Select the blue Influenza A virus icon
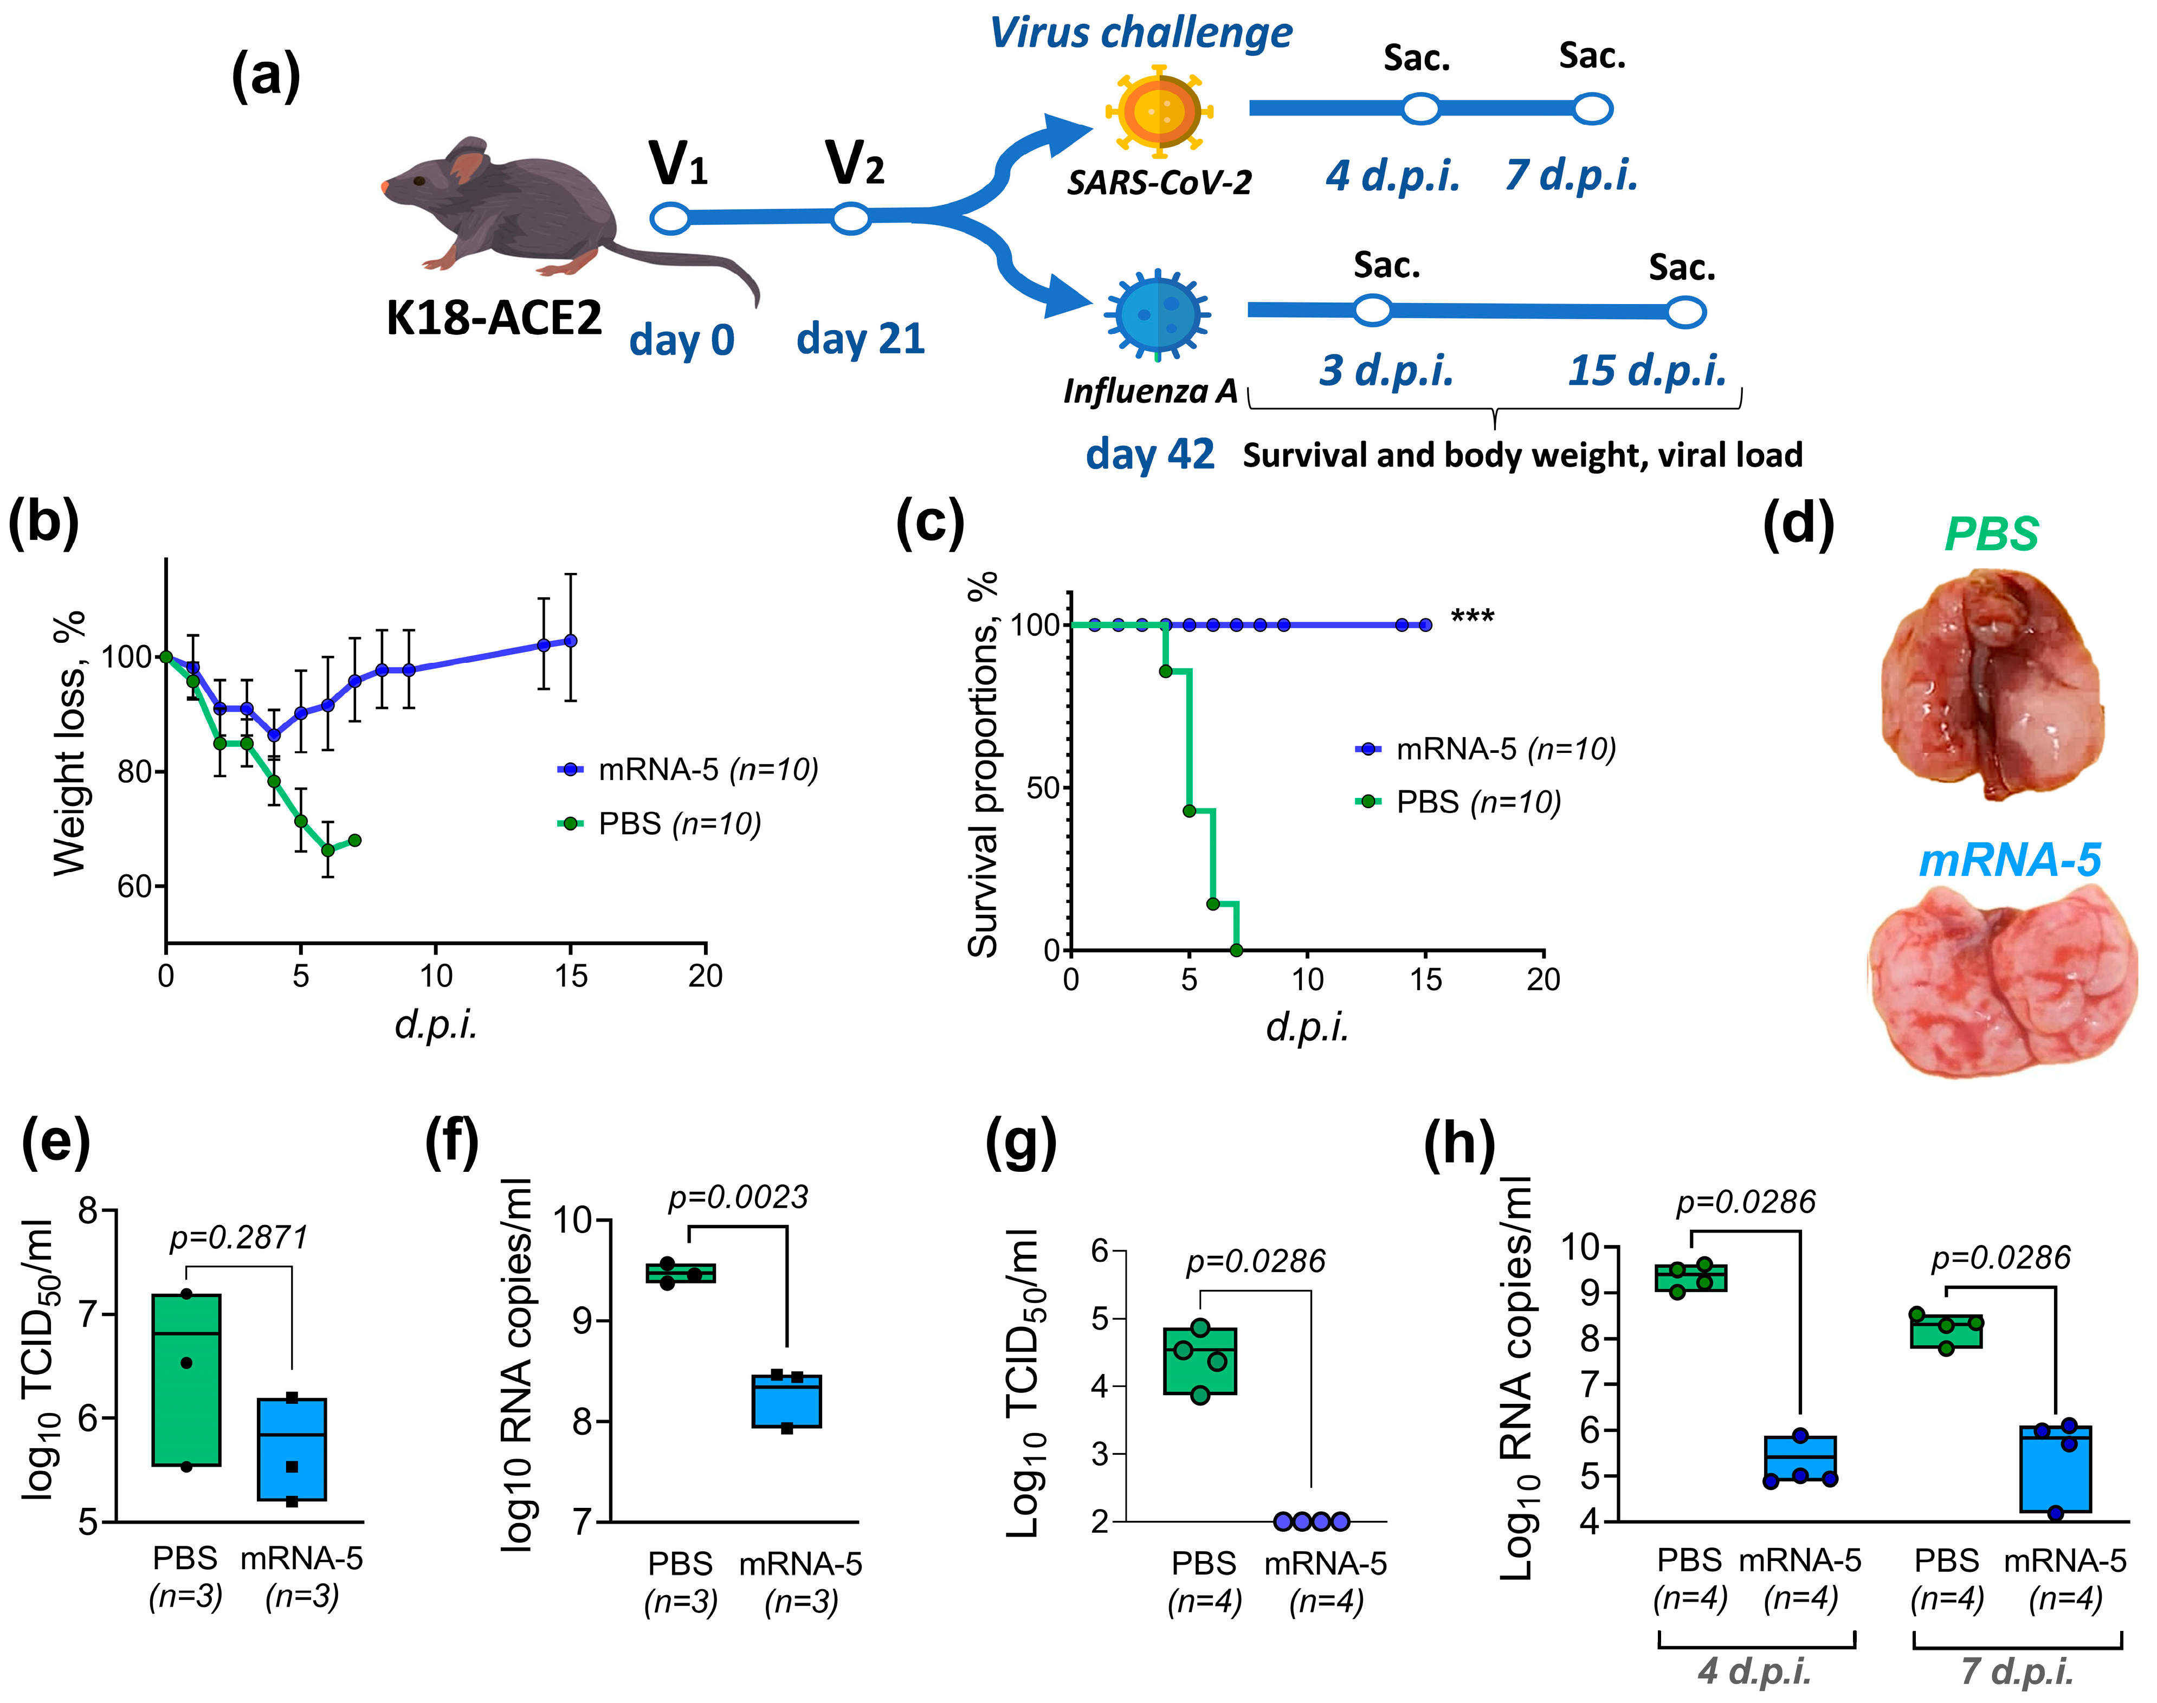coord(1156,314)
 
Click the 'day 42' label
coord(1149,455)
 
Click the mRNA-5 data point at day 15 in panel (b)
coord(570,640)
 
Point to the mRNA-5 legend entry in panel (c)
coord(1485,749)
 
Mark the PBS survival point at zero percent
coord(1236,950)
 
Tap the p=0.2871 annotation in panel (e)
coord(238,1237)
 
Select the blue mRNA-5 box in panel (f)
coord(786,1401)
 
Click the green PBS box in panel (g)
coord(1200,1361)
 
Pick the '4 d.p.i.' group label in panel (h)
coord(1754,1671)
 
